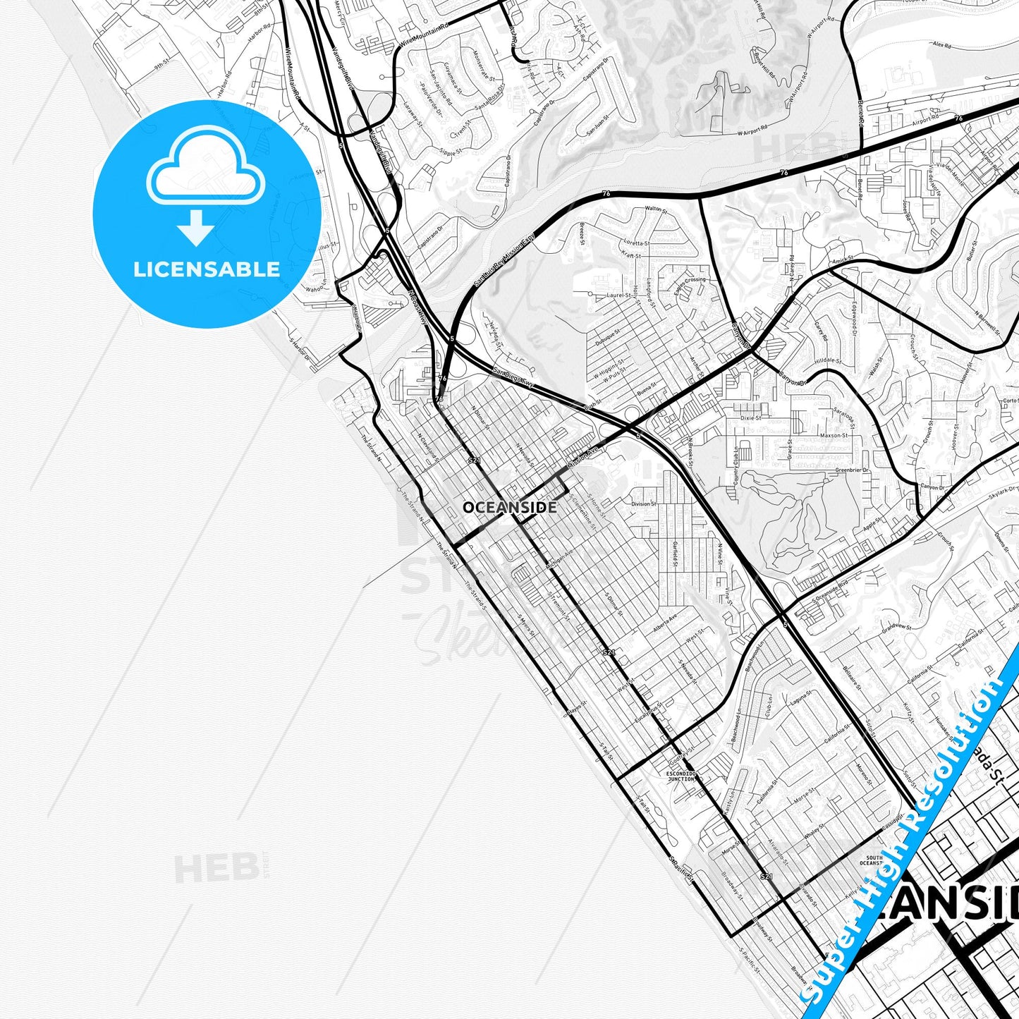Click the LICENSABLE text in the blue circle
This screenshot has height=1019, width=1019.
click(x=207, y=269)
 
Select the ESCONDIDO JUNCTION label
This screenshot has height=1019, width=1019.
click(x=681, y=776)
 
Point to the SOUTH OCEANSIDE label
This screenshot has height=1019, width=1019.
click(x=871, y=860)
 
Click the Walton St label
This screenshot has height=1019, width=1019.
click(x=655, y=209)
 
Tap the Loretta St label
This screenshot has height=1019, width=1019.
click(x=636, y=243)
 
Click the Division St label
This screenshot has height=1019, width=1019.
click(x=643, y=504)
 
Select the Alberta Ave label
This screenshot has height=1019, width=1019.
click(x=665, y=624)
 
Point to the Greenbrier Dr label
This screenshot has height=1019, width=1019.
click(x=852, y=470)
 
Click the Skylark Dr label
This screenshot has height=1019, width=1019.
click(x=1003, y=491)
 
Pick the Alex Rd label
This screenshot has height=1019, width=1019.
click(x=941, y=44)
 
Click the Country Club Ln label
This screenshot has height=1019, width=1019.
click(x=736, y=465)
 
